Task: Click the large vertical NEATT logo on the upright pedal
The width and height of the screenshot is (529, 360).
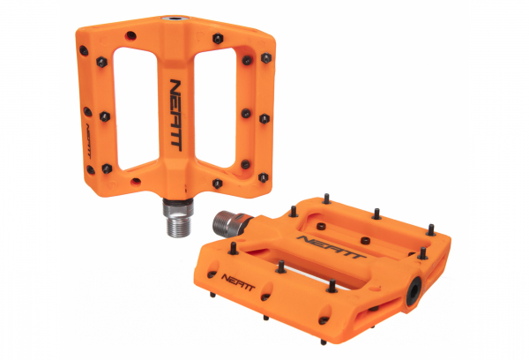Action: point(176,116)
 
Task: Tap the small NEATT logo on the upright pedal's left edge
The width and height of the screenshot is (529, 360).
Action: point(88,141)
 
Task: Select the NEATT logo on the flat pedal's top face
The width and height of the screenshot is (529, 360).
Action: point(332,247)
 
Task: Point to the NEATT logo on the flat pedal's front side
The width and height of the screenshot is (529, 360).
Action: point(238,282)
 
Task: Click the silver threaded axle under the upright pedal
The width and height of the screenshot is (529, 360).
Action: point(178,217)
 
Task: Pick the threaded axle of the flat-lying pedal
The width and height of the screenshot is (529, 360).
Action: point(230,223)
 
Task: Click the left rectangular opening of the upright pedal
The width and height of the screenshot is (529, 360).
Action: point(136,109)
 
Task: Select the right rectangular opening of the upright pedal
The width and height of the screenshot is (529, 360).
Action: point(215,108)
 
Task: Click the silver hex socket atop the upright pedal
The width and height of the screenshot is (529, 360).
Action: point(175,19)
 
